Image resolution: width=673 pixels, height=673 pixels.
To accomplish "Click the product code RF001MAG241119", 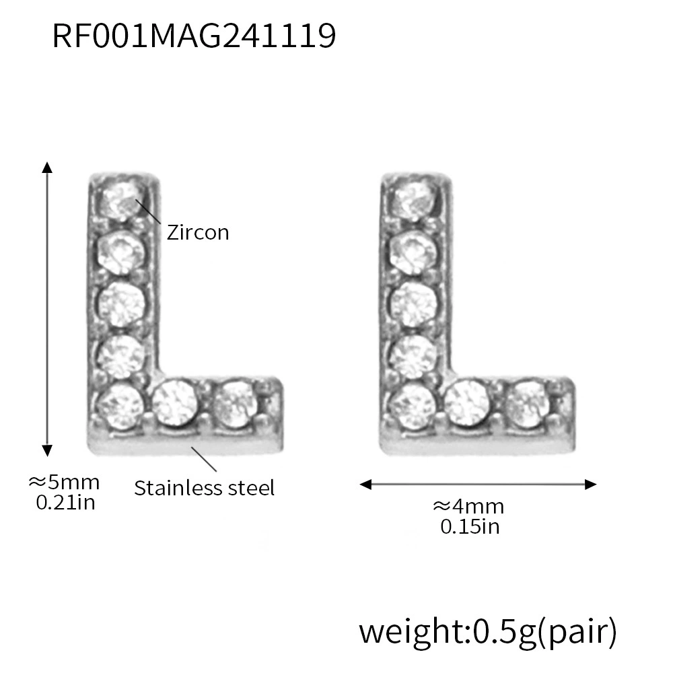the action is tap(194, 36).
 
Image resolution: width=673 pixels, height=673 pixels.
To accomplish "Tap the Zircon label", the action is tap(198, 232).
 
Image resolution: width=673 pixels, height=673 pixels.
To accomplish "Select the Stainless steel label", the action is tap(205, 488).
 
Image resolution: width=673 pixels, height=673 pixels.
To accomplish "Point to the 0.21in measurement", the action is tap(65, 503).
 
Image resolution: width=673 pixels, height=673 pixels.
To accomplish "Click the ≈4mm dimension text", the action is tap(468, 507).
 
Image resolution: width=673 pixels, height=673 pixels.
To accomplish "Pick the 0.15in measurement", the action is tap(470, 527).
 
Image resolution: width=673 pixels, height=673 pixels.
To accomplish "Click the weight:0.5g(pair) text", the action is tap(488, 632).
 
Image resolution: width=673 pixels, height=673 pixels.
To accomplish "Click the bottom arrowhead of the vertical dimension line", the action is tap(47, 450).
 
